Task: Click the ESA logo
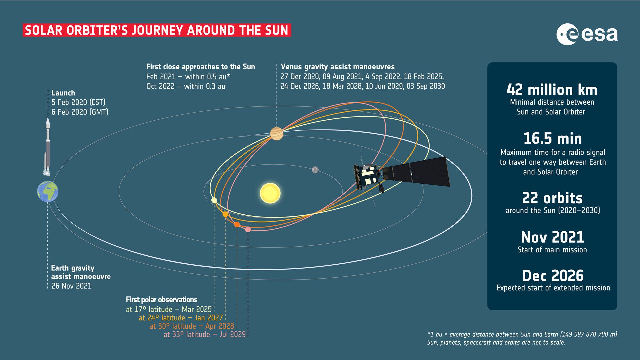(x=587, y=34)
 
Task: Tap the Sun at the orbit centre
(x=270, y=193)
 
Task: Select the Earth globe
(x=48, y=191)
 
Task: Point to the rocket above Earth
(x=47, y=147)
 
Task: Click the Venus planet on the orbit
(x=277, y=134)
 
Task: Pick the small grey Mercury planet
(x=315, y=170)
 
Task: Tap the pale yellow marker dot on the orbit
(x=214, y=200)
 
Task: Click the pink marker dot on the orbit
(x=248, y=229)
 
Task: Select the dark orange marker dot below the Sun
(x=237, y=225)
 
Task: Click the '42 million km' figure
(x=552, y=90)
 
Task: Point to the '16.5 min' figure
(x=552, y=139)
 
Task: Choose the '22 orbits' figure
(x=552, y=198)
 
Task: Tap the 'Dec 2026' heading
(x=553, y=276)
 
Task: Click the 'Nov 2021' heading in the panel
(x=552, y=237)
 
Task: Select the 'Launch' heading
(x=63, y=93)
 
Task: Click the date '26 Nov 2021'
(x=71, y=286)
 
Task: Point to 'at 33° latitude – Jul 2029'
(x=205, y=334)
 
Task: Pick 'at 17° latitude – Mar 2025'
(x=169, y=309)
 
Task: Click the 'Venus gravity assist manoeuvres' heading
(x=338, y=67)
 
